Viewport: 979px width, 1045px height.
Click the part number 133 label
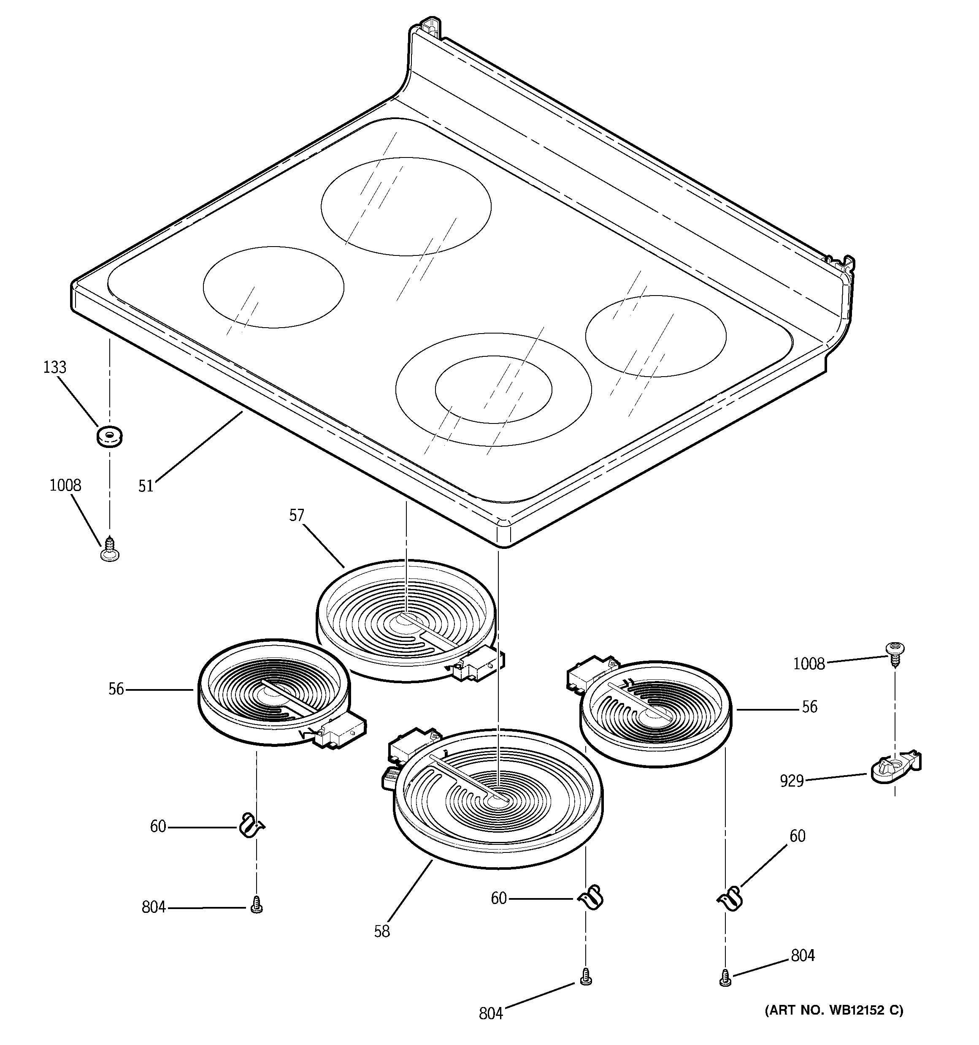55,367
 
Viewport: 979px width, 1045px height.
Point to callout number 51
146,486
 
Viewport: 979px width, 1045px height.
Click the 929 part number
791,781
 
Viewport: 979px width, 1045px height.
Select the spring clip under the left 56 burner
251,825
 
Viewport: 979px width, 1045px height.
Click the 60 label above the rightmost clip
797,836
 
